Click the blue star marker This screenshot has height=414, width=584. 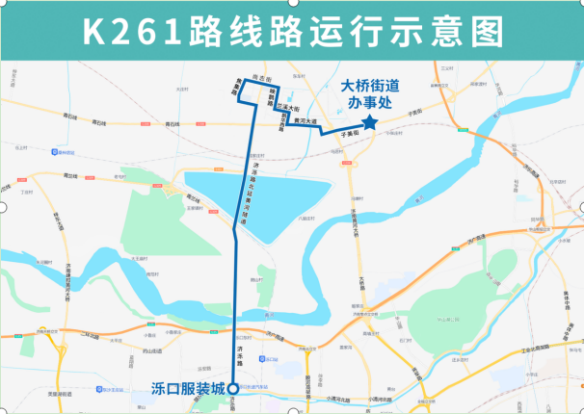coord(370,123)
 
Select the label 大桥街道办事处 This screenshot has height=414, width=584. coord(370,91)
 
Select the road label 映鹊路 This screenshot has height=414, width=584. coord(273,96)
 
